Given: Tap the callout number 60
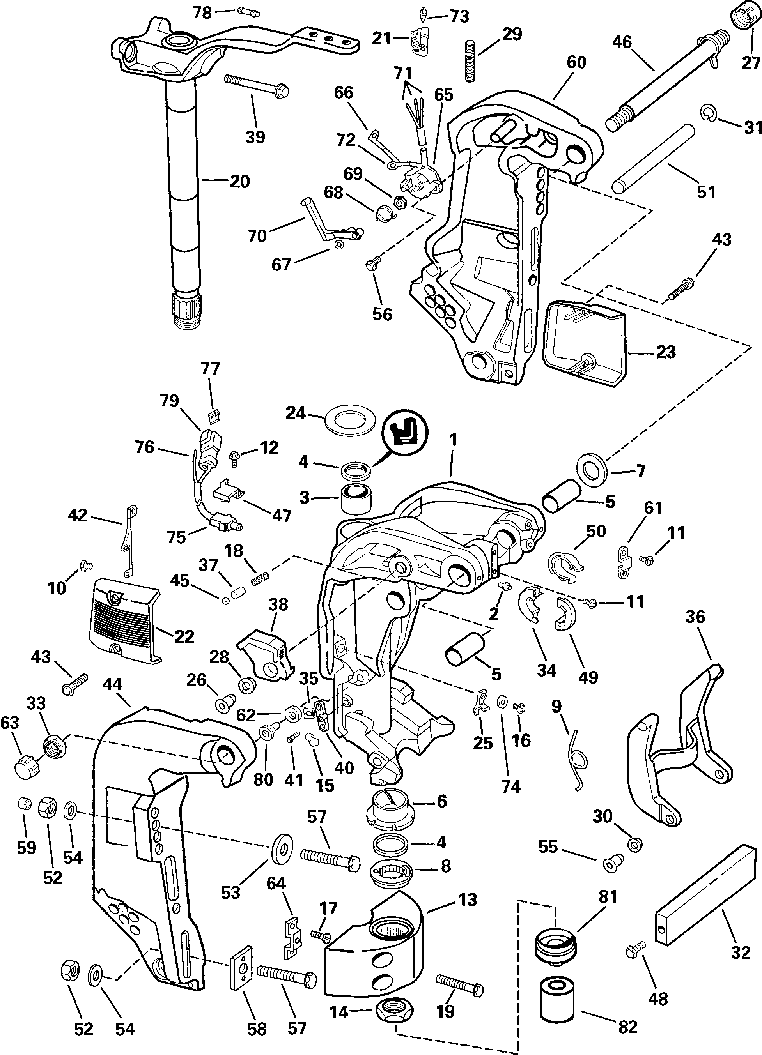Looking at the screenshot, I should pos(576,63).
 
